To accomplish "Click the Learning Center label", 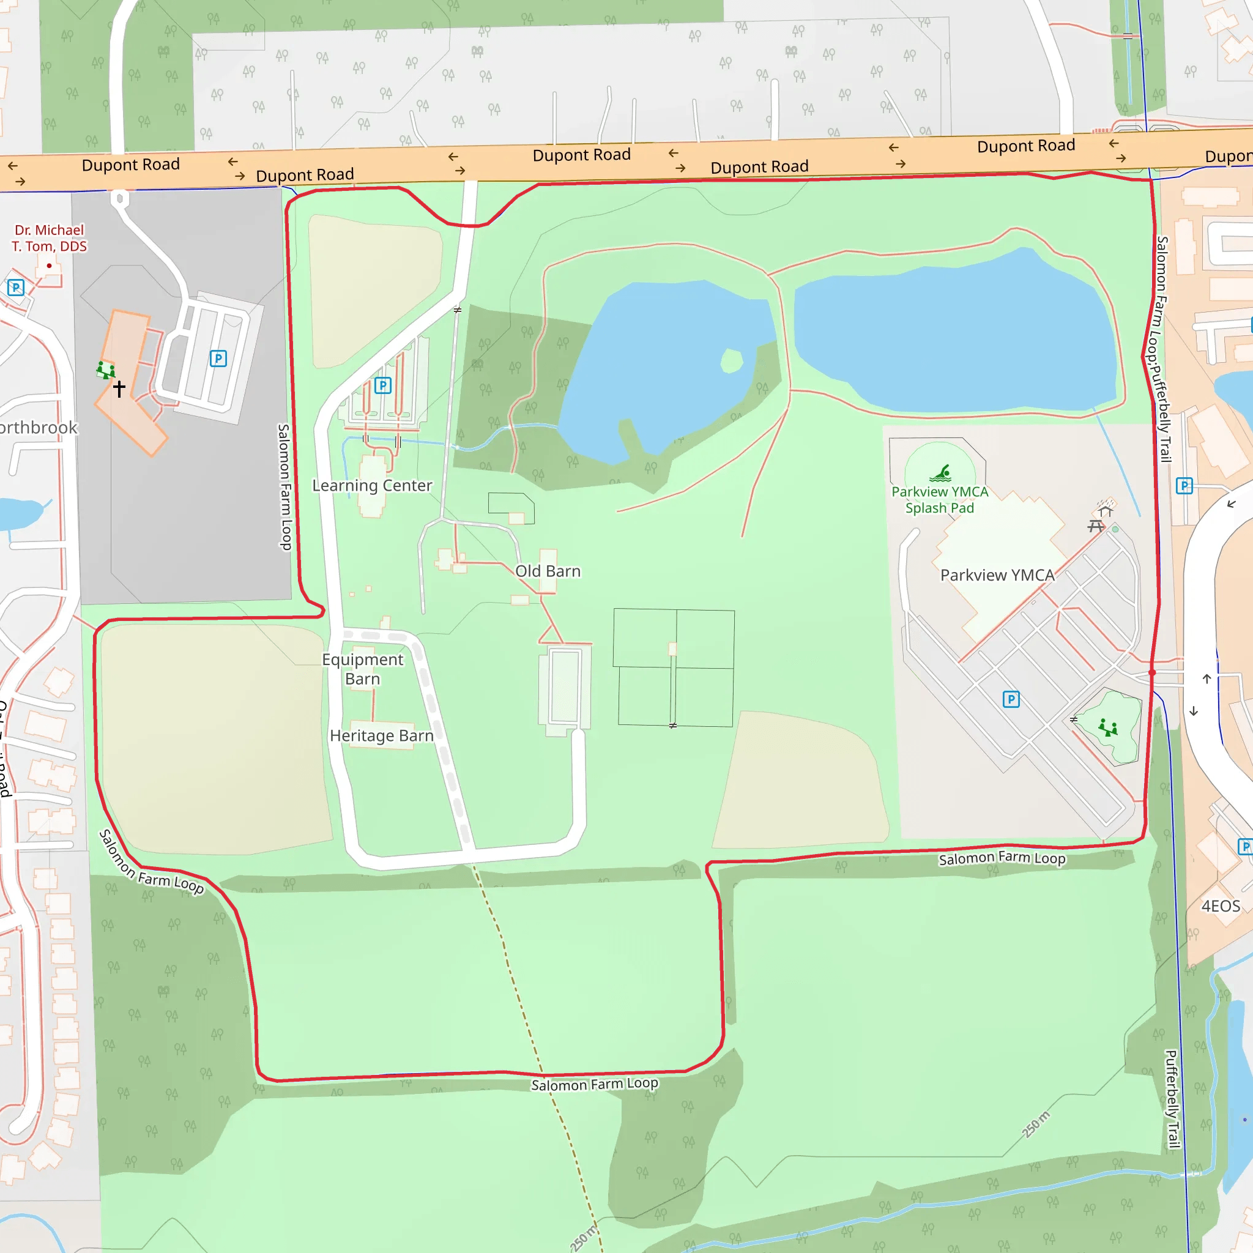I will (371, 486).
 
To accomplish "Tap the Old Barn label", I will (548, 571).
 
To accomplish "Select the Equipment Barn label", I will (363, 669).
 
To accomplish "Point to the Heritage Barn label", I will (381, 735).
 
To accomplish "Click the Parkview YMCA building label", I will (997, 575).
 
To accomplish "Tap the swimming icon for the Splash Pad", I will (940, 473).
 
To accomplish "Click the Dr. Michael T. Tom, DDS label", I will (50, 238).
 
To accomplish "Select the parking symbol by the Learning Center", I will (382, 386).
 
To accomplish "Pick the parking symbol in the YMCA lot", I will (1011, 699).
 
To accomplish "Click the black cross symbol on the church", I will (119, 389).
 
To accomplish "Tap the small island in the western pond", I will (732, 360).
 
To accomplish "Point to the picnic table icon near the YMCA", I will (1095, 526).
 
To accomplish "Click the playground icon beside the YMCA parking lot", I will (1108, 727).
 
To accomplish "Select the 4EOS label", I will (1221, 906).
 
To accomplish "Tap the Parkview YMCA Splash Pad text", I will (940, 500).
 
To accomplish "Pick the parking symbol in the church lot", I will (218, 359).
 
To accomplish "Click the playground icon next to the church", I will (106, 370).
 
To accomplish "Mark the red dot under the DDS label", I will (50, 266).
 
